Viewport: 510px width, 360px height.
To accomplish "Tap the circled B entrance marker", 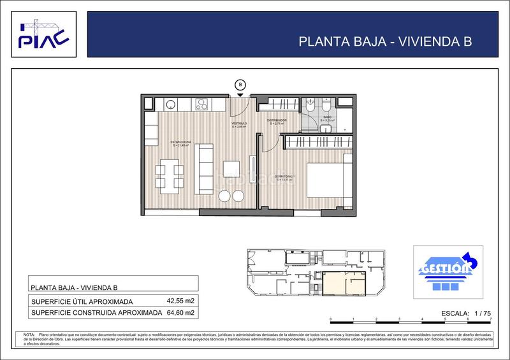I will pos(240,84).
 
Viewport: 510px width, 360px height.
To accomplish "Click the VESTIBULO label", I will pos(239,124).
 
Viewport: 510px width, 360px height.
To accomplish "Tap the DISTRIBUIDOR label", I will pos(276,120).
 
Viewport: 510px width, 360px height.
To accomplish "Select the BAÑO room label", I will pos(326,119).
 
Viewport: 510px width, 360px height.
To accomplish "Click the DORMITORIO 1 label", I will pos(284,178).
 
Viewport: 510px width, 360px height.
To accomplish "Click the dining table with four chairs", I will pos(170,178).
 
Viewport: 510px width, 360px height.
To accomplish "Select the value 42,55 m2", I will pos(180,301).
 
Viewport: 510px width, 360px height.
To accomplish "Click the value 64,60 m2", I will pos(180,313).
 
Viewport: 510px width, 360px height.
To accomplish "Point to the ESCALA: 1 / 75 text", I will pos(465,313).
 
